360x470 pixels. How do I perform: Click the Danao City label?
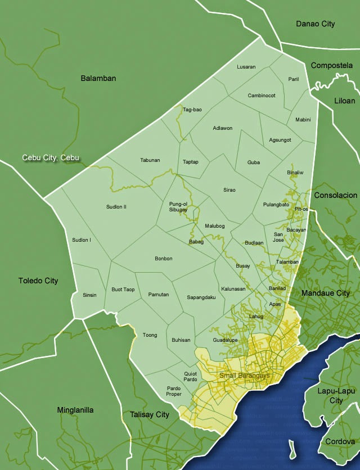coord(315,24)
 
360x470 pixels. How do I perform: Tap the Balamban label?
coord(98,78)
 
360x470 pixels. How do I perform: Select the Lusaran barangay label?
coord(246,67)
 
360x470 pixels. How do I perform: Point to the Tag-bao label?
coord(192,110)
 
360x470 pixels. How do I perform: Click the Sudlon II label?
coord(116,207)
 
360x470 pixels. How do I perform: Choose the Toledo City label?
coord(38,281)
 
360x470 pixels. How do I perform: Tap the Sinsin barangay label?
coord(89,295)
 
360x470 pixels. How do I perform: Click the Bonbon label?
coord(163,259)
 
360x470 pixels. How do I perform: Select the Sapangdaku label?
coord(201,297)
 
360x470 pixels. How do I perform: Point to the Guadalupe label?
coord(224,341)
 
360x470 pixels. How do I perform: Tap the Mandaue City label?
coord(325,293)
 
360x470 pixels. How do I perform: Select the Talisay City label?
coord(150,414)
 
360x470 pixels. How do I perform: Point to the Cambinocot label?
coord(262,96)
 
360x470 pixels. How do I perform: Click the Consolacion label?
coord(335,195)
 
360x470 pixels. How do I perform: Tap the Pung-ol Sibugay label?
coord(178,206)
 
